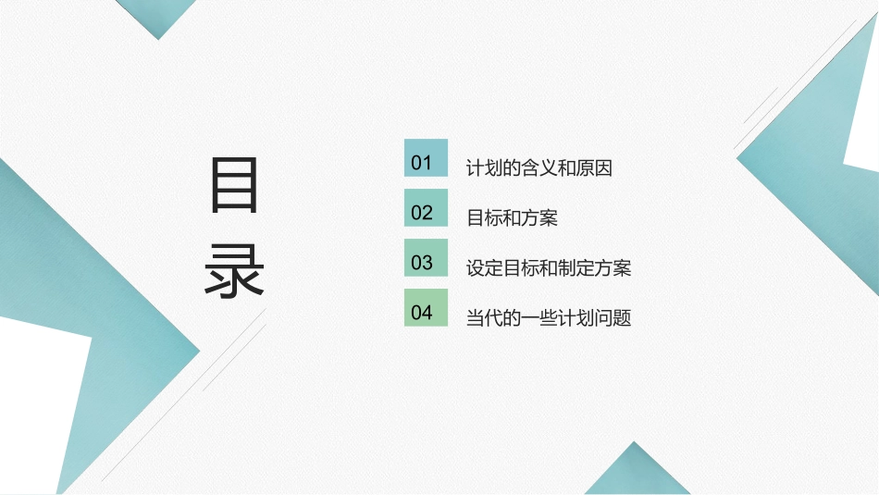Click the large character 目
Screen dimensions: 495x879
point(234,186)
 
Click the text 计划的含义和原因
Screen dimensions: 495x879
point(539,169)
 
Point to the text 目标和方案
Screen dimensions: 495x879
point(512,219)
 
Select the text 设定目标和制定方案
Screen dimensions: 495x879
point(549,269)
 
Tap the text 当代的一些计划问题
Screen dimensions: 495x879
point(549,319)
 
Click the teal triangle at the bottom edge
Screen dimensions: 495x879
point(638,474)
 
